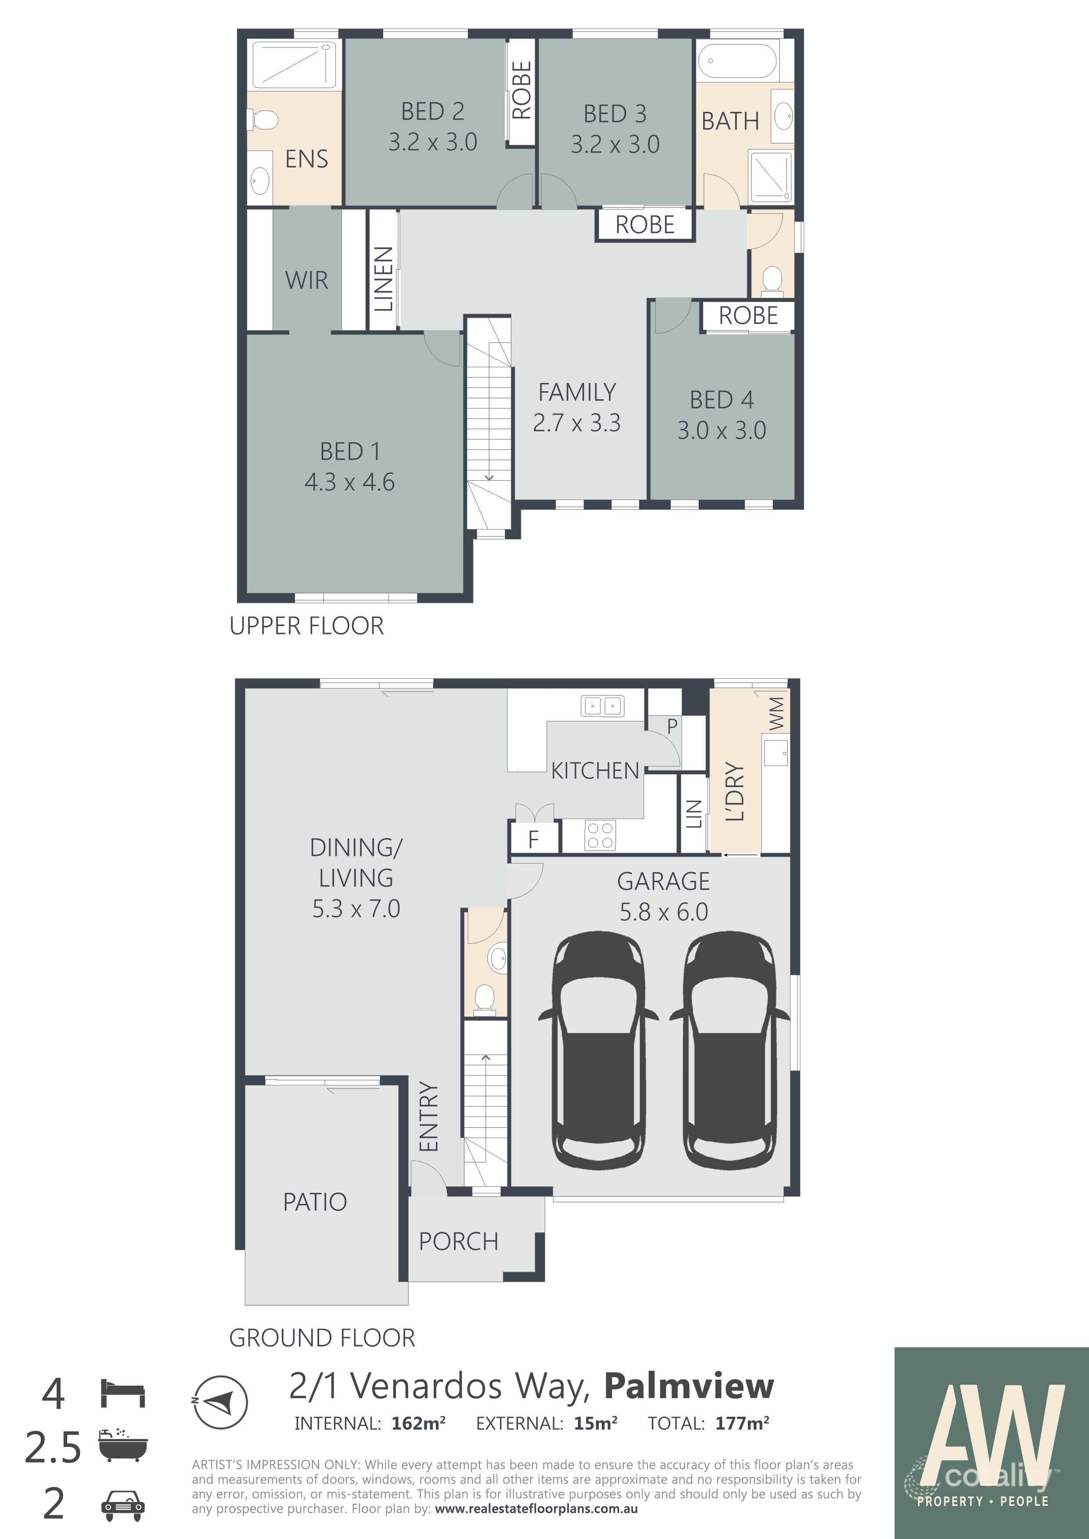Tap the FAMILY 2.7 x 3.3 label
577,407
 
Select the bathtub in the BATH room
737,62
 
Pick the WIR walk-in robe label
306,280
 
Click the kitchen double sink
601,706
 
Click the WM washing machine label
776,713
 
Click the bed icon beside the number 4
123,1393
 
